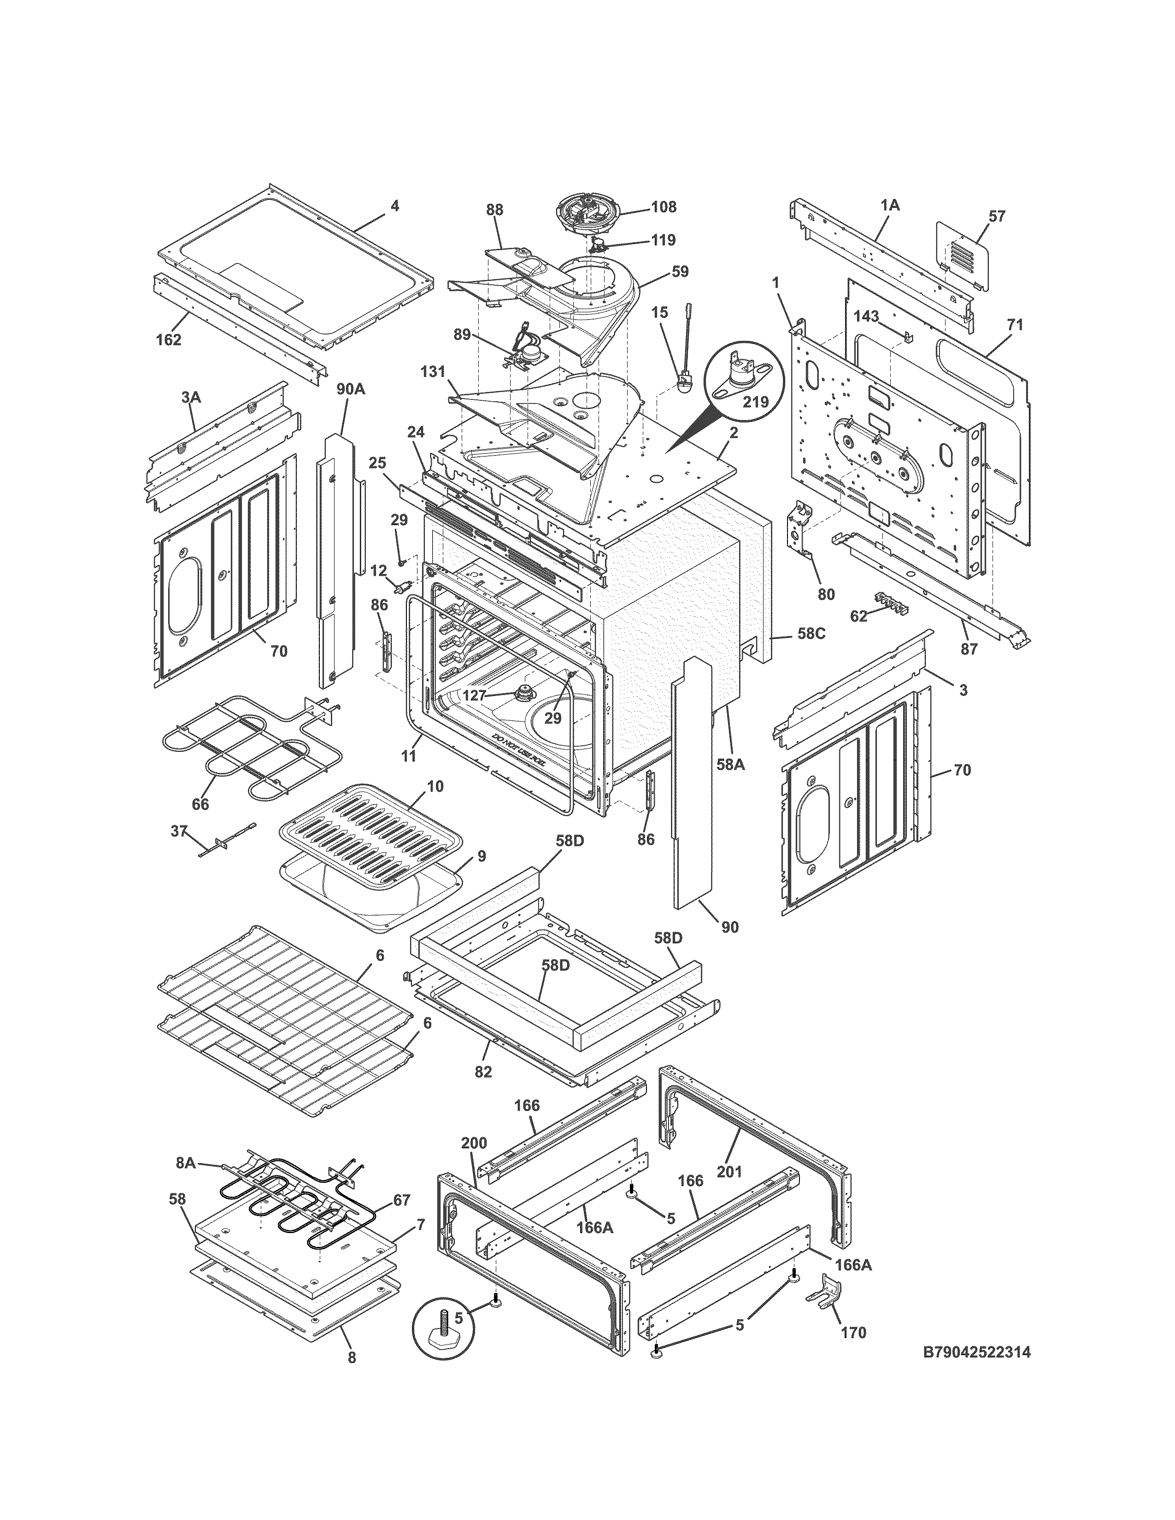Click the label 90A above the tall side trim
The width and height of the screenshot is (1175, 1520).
click(350, 388)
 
